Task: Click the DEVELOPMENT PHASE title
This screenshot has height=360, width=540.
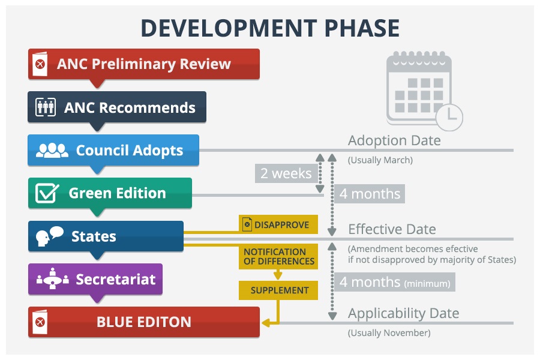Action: pyautogui.click(x=270, y=28)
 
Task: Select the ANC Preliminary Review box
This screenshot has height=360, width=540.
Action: pyautogui.click(x=144, y=64)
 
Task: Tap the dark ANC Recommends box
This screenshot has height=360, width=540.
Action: pyautogui.click(x=118, y=107)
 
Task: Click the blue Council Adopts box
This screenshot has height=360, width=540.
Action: pyautogui.click(x=114, y=150)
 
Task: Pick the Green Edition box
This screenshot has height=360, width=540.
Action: pyautogui.click(x=110, y=193)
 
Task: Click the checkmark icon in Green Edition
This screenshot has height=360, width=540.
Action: pyautogui.click(x=47, y=193)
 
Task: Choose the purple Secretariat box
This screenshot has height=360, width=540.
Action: pyautogui.click(x=96, y=279)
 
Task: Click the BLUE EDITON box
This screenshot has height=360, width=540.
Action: pyautogui.click(x=144, y=322)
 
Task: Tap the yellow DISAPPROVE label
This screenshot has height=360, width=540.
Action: pyautogui.click(x=278, y=225)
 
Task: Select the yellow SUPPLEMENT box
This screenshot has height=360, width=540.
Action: pyautogui.click(x=279, y=290)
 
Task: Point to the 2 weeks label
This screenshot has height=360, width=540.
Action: pyautogui.click(x=286, y=174)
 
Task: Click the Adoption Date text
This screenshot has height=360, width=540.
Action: pyautogui.click(x=394, y=140)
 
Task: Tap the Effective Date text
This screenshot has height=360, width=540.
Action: pyautogui.click(x=392, y=229)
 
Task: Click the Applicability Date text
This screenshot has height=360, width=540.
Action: pyautogui.click(x=403, y=313)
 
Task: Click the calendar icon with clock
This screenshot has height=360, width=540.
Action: pyautogui.click(x=422, y=91)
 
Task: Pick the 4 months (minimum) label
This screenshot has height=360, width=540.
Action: pyautogui.click(x=394, y=281)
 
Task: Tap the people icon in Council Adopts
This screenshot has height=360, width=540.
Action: pyautogui.click(x=52, y=150)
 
